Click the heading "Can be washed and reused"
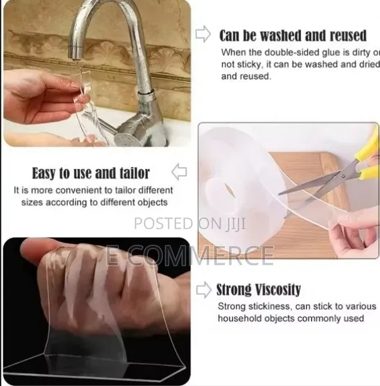[293, 36]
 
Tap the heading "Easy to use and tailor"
[91, 173]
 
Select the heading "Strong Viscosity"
[258, 290]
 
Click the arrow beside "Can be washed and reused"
[203, 34]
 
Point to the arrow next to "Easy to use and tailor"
[179, 172]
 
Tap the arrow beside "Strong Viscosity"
[204, 290]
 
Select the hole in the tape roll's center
[229, 192]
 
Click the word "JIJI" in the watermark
[236, 224]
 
